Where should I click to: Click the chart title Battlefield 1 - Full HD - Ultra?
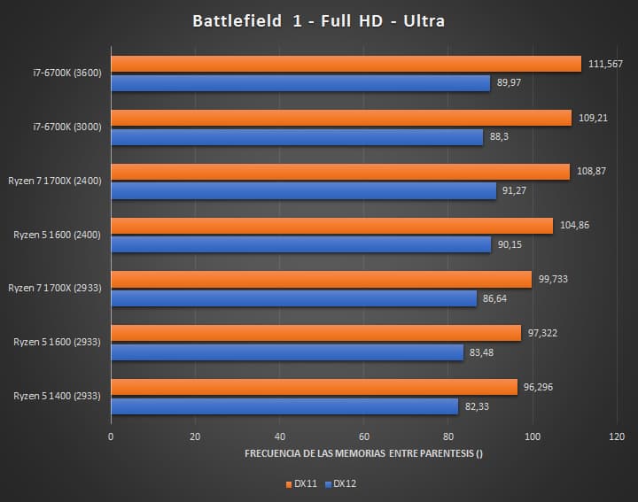(318, 21)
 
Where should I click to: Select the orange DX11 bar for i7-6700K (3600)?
(346, 64)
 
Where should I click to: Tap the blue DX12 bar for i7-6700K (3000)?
(297, 137)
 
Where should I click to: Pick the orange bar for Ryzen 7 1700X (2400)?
(340, 172)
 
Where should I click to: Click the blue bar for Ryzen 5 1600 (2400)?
(300, 245)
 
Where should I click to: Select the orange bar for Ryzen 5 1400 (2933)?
(314, 387)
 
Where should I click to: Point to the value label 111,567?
(605, 64)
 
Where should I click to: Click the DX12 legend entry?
(341, 483)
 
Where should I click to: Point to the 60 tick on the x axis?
(364, 436)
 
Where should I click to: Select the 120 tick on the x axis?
(617, 436)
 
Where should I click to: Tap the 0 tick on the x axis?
(111, 436)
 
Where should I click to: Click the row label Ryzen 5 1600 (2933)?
(58, 343)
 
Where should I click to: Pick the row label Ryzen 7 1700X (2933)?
(55, 289)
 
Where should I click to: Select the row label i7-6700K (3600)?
(67, 73)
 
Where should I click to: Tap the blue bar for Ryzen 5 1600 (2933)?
(287, 353)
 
